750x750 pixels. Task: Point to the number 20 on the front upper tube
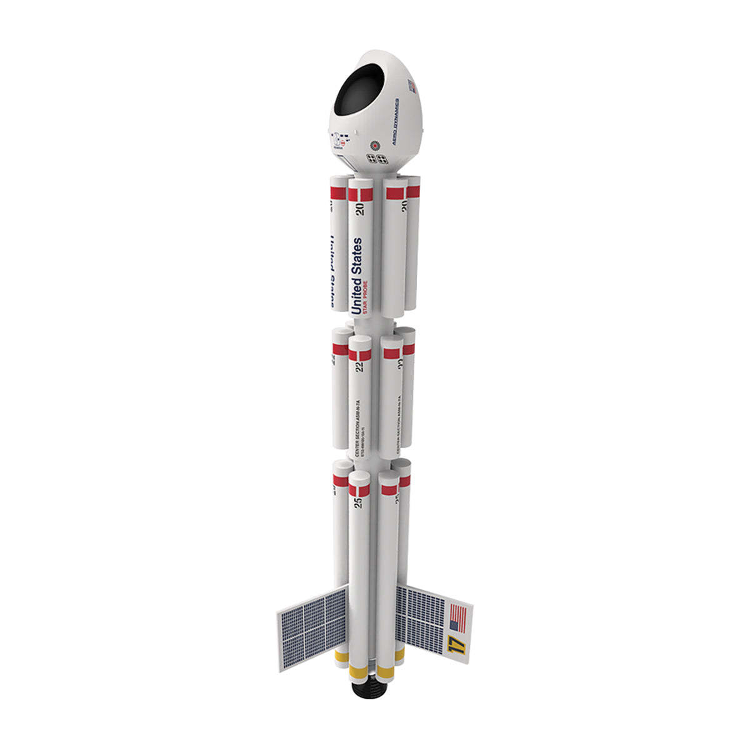(359, 209)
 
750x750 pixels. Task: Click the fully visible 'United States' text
(357, 276)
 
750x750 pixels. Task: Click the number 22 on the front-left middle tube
(359, 366)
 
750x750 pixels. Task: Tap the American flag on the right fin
(458, 617)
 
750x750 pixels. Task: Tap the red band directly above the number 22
(359, 355)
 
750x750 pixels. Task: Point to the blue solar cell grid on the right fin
(421, 615)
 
